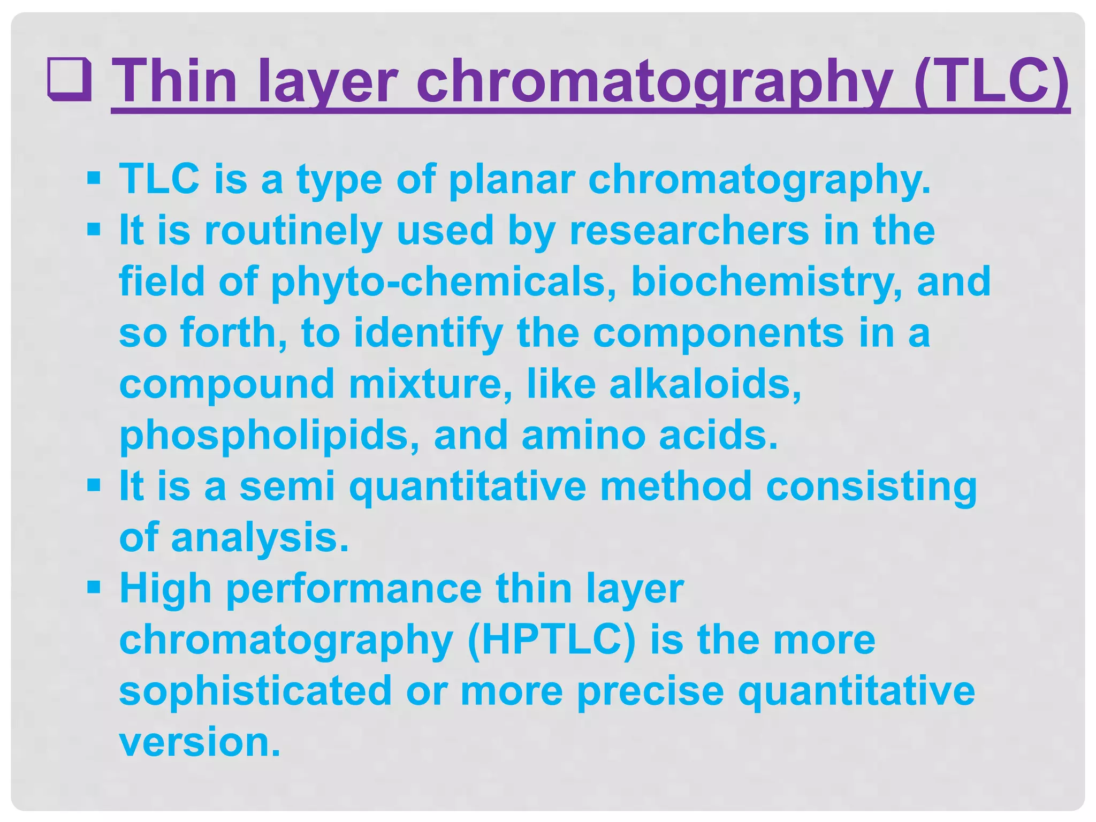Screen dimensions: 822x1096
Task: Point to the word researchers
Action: (x=689, y=231)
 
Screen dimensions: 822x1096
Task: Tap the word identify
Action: (x=428, y=333)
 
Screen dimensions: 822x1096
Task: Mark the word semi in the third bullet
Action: (x=287, y=486)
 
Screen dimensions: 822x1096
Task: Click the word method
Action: (x=675, y=486)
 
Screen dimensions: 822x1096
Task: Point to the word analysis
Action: (x=260, y=538)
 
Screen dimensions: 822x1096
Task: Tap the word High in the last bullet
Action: (x=166, y=589)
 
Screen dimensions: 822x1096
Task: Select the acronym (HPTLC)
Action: (x=552, y=641)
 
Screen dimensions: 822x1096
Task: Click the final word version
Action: (x=200, y=742)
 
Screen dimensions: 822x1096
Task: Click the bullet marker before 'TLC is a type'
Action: (x=94, y=178)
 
